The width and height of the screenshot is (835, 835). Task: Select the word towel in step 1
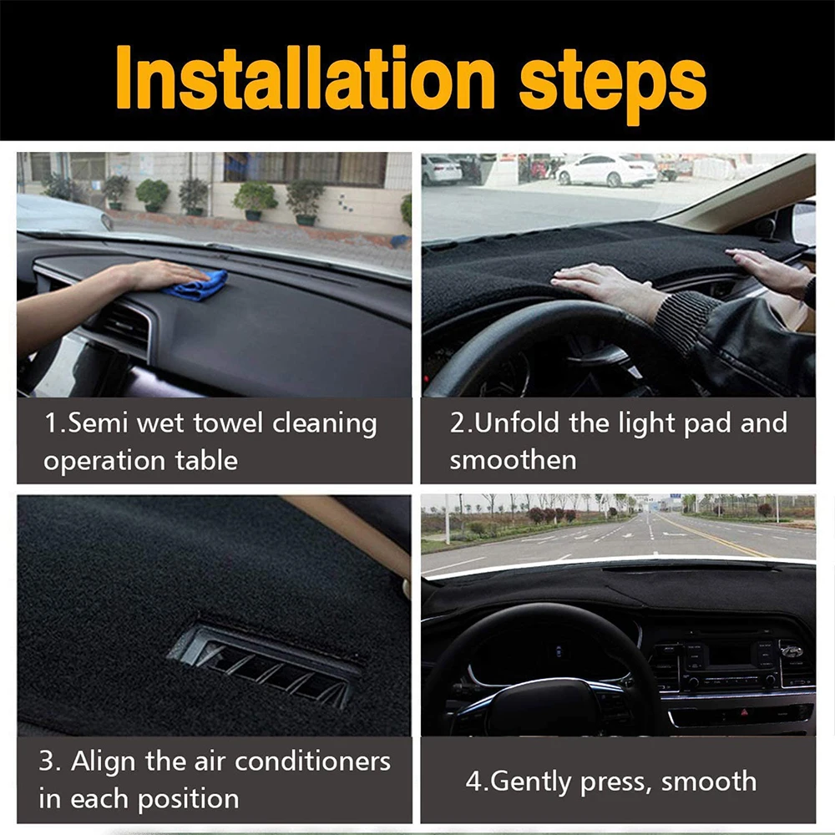(225, 423)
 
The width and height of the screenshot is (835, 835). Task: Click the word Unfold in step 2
(518, 423)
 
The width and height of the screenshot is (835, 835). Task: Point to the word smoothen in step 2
(513, 459)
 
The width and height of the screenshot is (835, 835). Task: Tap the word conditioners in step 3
(312, 762)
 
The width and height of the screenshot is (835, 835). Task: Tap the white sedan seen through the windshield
(607, 170)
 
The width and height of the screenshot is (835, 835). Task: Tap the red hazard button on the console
(742, 713)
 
